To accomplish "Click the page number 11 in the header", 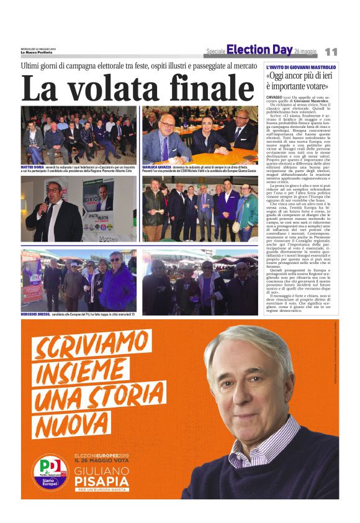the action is tap(331, 52).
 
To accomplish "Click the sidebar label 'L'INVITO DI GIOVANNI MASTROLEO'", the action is tap(301, 66).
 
